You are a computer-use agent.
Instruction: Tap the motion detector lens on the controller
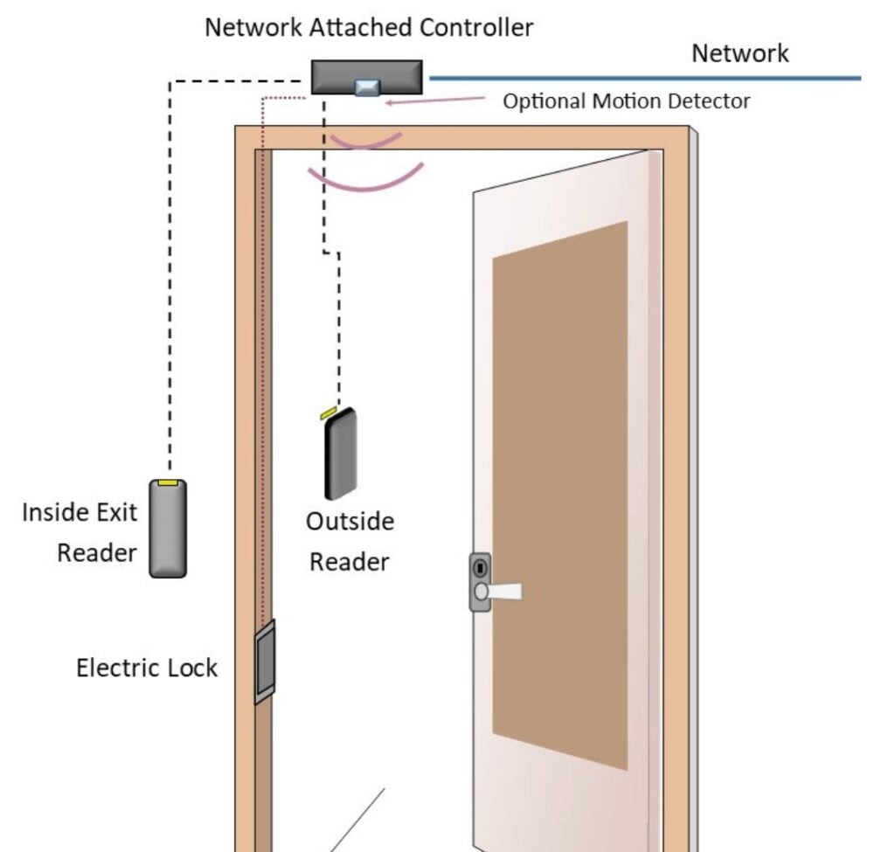pyautogui.click(x=366, y=87)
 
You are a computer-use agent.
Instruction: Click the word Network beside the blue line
pyautogui.click(x=739, y=53)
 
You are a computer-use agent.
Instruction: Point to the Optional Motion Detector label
pyautogui.click(x=626, y=101)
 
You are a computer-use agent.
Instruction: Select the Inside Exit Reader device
pyautogui.click(x=167, y=528)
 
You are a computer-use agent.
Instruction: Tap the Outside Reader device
pyautogui.click(x=340, y=453)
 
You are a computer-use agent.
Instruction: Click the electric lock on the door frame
pyautogui.click(x=264, y=662)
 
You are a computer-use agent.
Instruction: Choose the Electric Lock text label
pyautogui.click(x=147, y=668)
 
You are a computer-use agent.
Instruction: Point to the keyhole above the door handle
pyautogui.click(x=480, y=566)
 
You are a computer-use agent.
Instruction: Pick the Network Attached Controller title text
pyautogui.click(x=368, y=27)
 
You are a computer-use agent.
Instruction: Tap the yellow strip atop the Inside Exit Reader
pyautogui.click(x=167, y=481)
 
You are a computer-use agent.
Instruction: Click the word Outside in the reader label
pyautogui.click(x=350, y=522)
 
